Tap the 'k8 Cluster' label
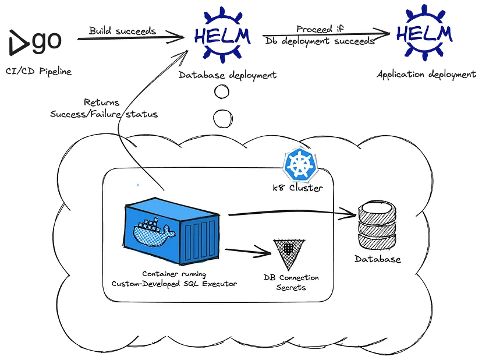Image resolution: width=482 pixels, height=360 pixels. pos(298,189)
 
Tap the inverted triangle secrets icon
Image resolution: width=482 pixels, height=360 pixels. pos(288,250)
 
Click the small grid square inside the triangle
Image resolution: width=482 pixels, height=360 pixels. pos(287,246)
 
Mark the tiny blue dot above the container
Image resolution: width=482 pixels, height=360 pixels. pos(137,185)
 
